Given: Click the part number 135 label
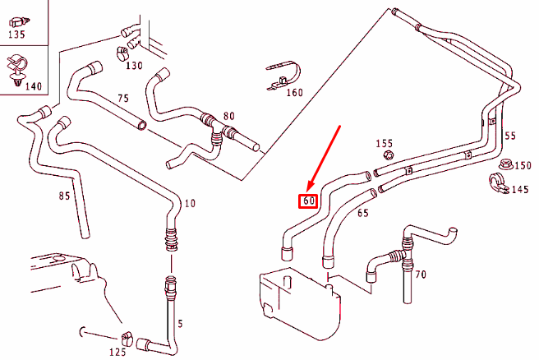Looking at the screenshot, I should (x=16, y=35).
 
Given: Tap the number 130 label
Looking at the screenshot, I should (x=134, y=65).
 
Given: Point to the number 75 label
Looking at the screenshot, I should (x=123, y=98).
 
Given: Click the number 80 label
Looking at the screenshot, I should (x=229, y=116).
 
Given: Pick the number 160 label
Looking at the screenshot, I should (x=294, y=92).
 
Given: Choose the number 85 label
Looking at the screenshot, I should (x=64, y=196).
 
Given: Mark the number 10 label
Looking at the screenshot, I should (x=190, y=203).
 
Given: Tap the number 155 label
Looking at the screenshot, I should (x=385, y=143).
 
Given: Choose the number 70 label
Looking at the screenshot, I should (x=420, y=275).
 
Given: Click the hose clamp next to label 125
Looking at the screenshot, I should (x=127, y=337).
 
